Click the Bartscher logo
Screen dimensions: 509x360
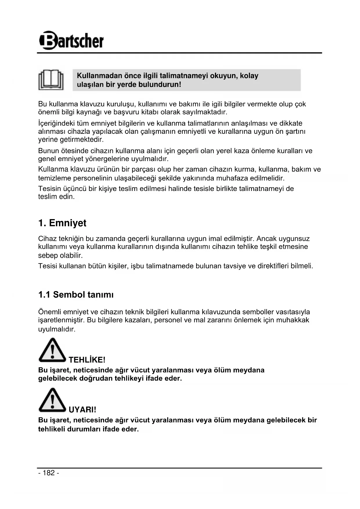[x=71, y=40]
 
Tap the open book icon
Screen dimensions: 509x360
[x=51, y=80]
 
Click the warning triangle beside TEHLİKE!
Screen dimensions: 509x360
[x=52, y=350]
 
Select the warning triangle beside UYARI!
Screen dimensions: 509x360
[x=52, y=400]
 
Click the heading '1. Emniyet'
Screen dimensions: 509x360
[x=62, y=223]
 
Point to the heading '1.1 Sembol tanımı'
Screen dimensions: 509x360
[x=76, y=295]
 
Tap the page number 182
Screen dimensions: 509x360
[x=49, y=473]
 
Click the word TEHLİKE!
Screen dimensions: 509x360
[x=87, y=360]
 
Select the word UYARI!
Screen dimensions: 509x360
[x=82, y=409]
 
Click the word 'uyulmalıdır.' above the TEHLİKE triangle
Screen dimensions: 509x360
[x=57, y=329]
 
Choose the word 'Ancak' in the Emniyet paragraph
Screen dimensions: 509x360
[x=267, y=239]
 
